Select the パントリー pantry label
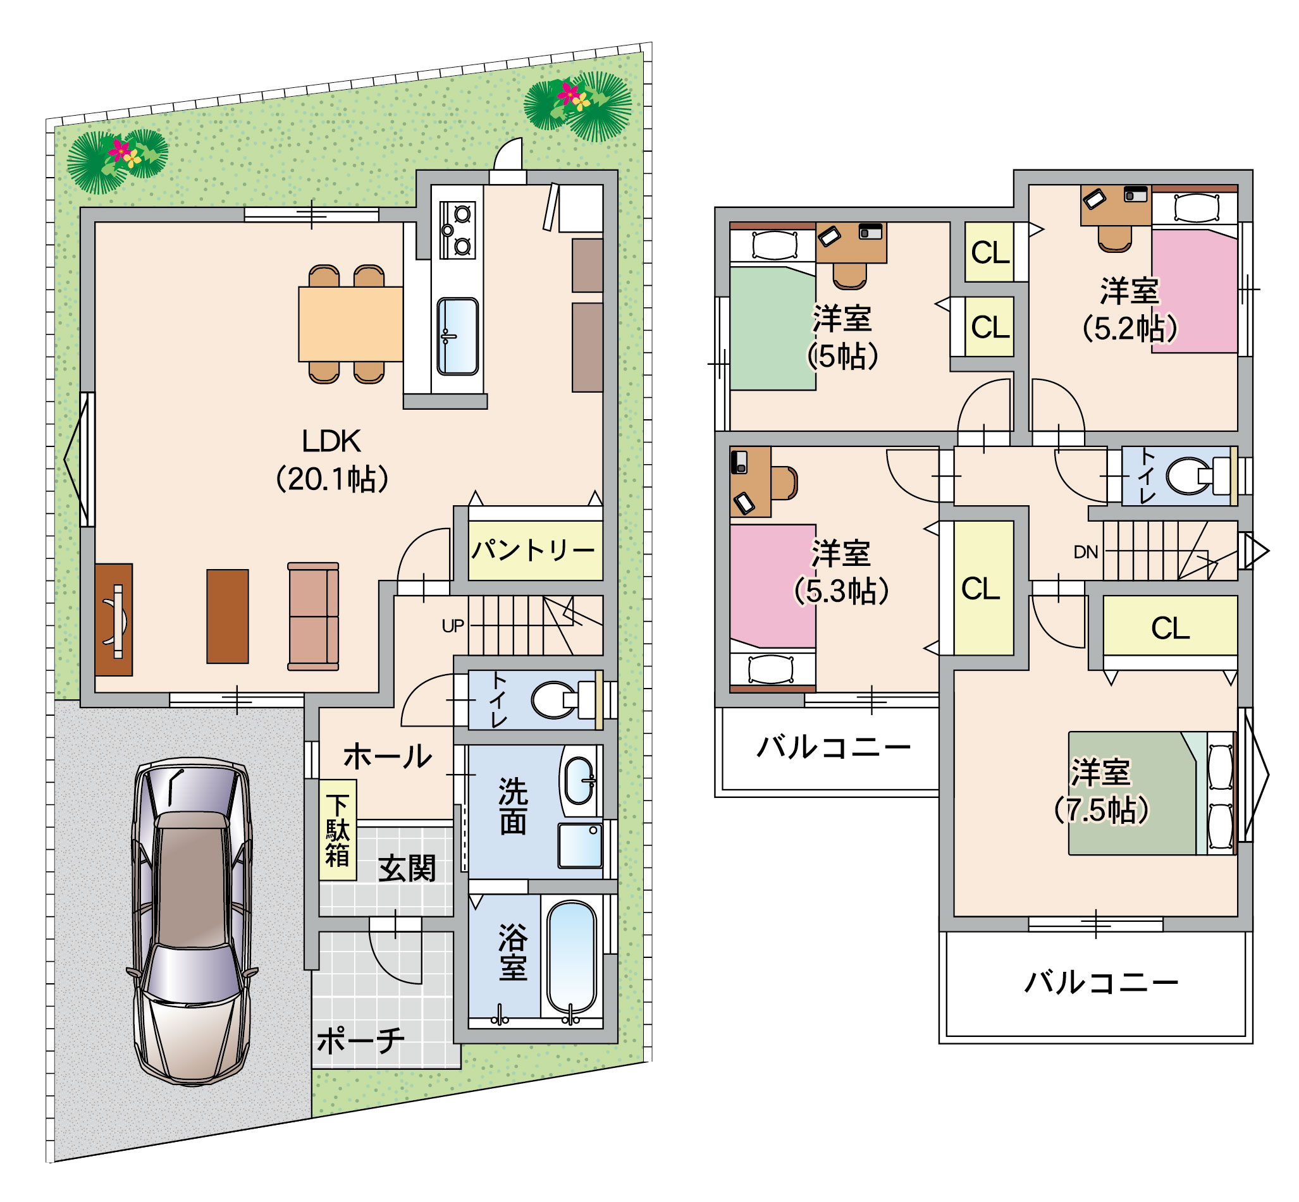pyautogui.click(x=533, y=550)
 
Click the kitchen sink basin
pyautogui.click(x=457, y=336)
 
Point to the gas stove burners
pyautogui.click(x=457, y=230)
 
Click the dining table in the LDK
pyautogui.click(x=350, y=324)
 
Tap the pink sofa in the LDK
pyautogui.click(x=313, y=616)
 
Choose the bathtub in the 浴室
pyautogui.click(x=571, y=957)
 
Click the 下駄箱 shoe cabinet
pyautogui.click(x=338, y=830)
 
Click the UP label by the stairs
pyautogui.click(x=453, y=626)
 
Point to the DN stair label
pyautogui.click(x=1086, y=552)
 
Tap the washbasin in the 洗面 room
pyautogui.click(x=579, y=780)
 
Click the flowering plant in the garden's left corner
pyautogui.click(x=117, y=161)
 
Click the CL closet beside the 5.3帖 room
pyautogui.click(x=983, y=588)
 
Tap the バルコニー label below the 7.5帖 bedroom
pyautogui.click(x=1101, y=982)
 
